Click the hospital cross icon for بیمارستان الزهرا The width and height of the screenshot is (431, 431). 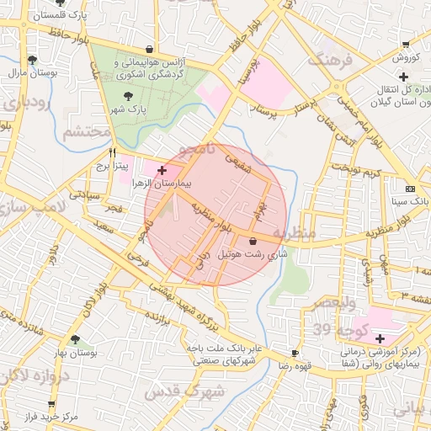162,170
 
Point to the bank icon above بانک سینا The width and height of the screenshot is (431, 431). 410,189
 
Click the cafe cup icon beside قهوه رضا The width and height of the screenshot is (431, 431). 295,354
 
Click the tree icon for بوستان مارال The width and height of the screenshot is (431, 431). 32,60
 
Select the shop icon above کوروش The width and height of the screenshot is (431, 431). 406,45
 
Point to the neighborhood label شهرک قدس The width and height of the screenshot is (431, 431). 184,392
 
